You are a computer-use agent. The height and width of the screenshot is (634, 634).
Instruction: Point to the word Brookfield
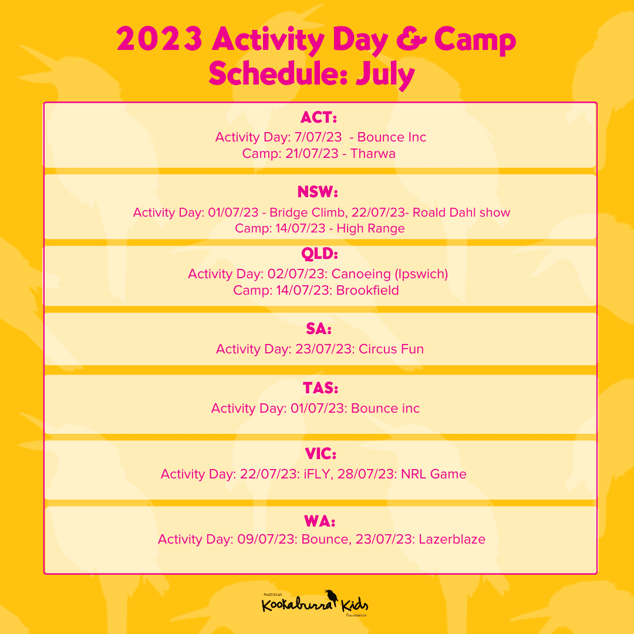tap(367, 290)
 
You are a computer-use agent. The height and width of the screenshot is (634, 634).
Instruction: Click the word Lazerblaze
tap(452, 539)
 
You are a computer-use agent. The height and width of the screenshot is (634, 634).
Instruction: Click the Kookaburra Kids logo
tap(315, 603)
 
